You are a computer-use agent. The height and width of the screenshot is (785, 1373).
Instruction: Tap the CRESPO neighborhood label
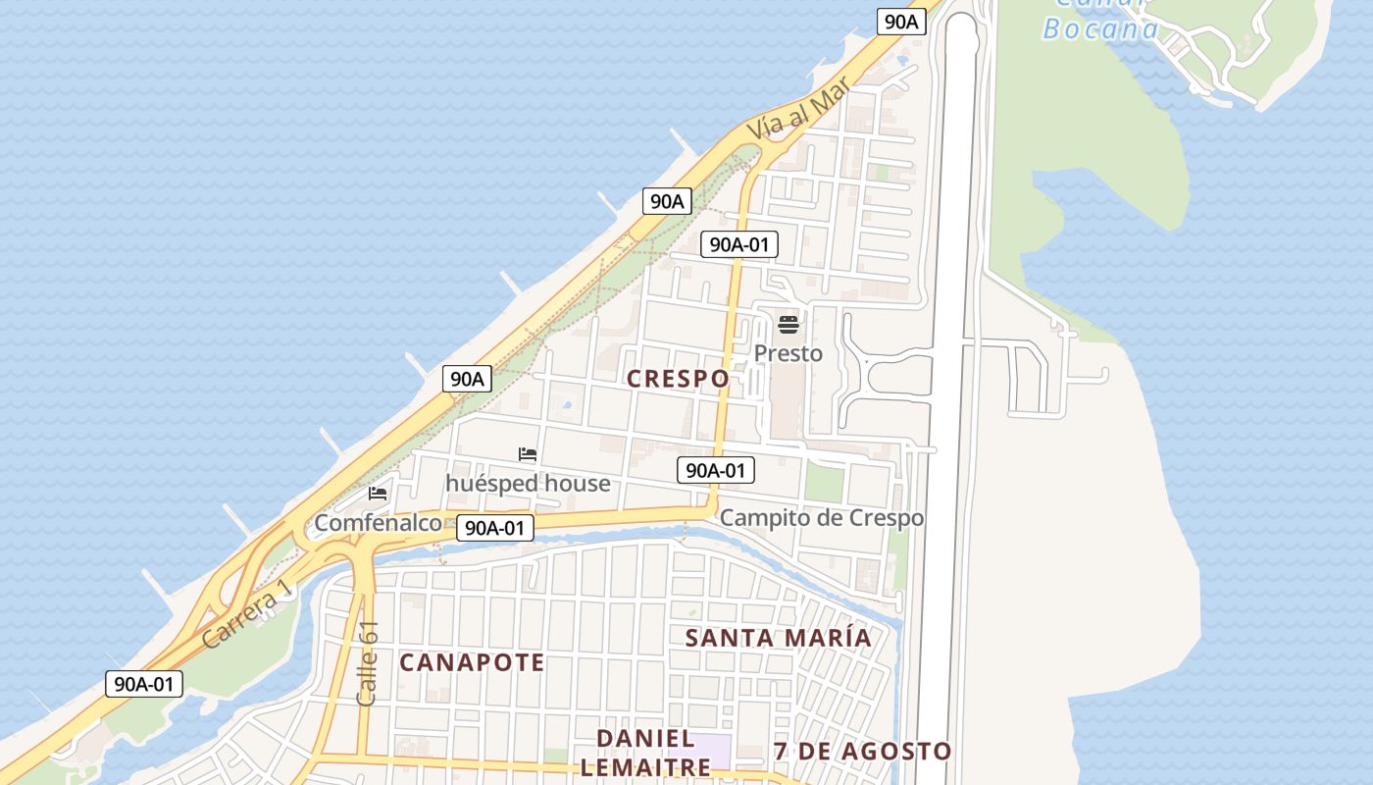678,379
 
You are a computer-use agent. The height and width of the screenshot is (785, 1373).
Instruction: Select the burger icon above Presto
788,325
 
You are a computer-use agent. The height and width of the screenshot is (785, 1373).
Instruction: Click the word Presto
788,353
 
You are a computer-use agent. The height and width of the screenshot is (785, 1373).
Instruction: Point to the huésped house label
528,484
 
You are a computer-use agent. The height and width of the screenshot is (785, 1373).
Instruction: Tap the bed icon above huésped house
528,454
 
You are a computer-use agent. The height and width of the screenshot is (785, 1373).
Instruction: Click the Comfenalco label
378,523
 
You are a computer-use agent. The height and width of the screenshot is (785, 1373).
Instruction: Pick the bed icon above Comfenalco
378,494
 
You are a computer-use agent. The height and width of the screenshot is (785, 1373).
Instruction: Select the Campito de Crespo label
822,518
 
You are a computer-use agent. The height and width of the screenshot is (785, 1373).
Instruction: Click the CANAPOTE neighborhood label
472,662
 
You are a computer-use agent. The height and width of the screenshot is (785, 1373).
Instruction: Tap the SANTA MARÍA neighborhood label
778,638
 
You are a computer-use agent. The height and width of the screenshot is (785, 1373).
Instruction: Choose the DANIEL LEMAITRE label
645,753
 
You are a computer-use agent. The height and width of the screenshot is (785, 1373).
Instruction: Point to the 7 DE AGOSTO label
862,752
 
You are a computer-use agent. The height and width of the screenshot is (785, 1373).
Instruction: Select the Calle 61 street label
368,663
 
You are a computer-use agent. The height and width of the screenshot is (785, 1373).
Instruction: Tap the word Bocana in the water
1100,28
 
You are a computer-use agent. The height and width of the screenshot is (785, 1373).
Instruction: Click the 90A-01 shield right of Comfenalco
495,528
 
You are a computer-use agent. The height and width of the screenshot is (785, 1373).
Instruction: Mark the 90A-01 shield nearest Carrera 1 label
144,684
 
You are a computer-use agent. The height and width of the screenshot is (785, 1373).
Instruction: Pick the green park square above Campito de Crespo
824,482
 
